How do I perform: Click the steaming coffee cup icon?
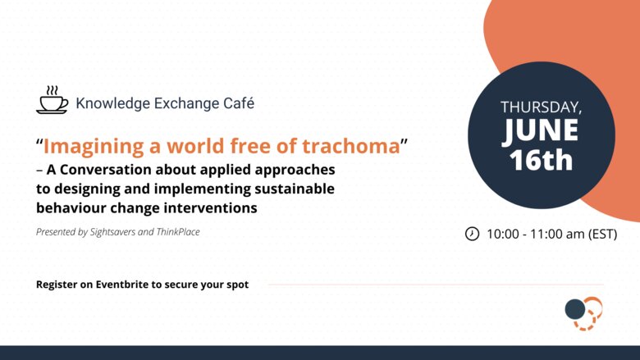coord(53,99)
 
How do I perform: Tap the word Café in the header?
coord(239,103)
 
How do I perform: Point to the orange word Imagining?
coord(94,147)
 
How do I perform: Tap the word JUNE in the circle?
coord(540,130)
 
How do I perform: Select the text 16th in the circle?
coord(541,160)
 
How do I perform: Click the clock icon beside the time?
coord(472,234)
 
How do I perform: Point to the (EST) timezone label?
coord(602,234)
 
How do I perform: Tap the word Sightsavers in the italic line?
coord(112,232)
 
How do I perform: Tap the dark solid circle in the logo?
coord(575,309)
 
